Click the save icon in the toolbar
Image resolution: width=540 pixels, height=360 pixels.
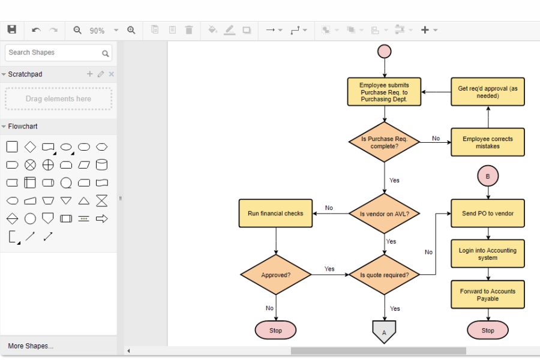(12, 29)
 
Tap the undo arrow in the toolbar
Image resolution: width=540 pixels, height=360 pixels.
(36, 30)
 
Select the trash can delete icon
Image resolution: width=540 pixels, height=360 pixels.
(189, 30)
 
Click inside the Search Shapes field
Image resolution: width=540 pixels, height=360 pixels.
(54, 53)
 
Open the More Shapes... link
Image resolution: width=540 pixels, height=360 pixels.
(31, 346)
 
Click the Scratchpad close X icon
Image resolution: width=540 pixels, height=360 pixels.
(111, 74)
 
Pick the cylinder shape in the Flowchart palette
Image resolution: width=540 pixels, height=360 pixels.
(102, 164)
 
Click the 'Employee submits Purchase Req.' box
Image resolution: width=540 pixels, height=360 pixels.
(384, 92)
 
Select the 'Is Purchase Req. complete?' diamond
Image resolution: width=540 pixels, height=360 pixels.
(384, 142)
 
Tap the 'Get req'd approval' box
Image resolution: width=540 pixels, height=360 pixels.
(487, 92)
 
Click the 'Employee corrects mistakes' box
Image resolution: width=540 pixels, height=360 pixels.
(487, 142)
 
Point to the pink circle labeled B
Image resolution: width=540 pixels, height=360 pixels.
(488, 176)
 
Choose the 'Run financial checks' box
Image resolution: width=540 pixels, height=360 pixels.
(275, 214)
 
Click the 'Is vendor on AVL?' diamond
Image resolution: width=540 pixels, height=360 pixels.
(384, 214)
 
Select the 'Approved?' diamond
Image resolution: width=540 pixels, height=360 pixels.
(276, 275)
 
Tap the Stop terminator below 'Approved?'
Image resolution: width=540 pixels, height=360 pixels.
(276, 330)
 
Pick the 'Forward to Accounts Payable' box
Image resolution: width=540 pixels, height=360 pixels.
(487, 295)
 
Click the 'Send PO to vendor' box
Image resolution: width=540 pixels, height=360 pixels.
(487, 214)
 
